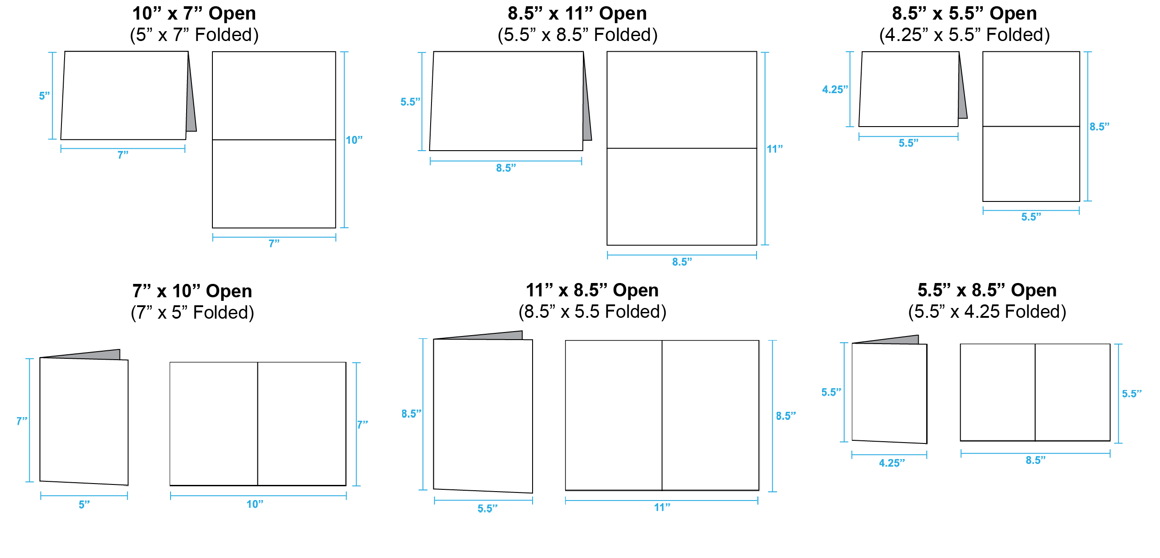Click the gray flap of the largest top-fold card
pyautogui.click(x=586, y=113)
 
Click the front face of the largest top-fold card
pyautogui.click(x=507, y=101)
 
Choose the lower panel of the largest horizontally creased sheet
pyautogui.click(x=682, y=197)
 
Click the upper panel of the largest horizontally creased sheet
pyautogui.click(x=682, y=99)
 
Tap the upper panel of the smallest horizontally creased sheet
pyautogui.click(x=1031, y=89)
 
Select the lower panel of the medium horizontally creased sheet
pyautogui.click(x=274, y=184)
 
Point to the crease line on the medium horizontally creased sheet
pyautogui.click(x=274, y=140)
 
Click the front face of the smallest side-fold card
pyautogui.click(x=889, y=393)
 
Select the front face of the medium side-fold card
pyautogui.click(x=84, y=421)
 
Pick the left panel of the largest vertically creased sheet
pyautogui.click(x=613, y=414)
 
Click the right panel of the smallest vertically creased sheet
pyautogui.click(x=1073, y=392)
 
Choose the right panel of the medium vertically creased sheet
pyautogui.click(x=301, y=424)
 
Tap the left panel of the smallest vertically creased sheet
pyautogui.click(x=998, y=392)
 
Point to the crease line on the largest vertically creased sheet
pyautogui.click(x=662, y=414)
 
